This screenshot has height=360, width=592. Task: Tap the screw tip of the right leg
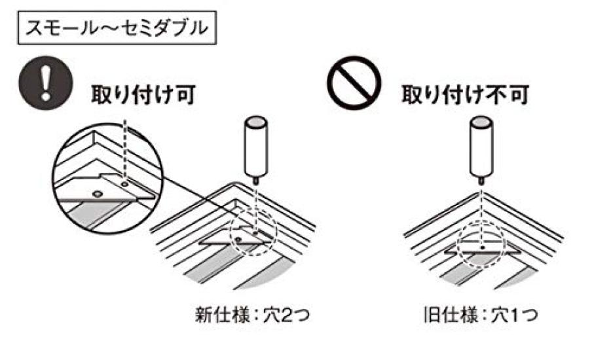[481, 179]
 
